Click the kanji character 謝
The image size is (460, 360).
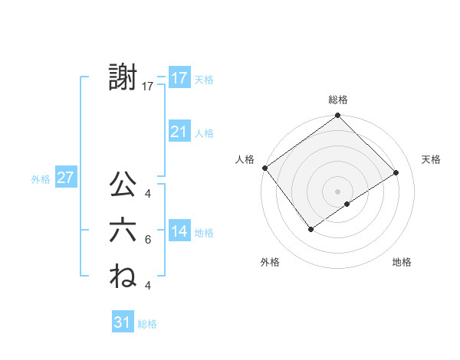(x=123, y=78)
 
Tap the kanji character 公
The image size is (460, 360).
(x=123, y=185)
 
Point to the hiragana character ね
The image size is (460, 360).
(x=123, y=275)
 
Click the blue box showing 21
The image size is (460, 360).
(x=179, y=132)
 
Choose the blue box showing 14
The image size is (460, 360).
(x=179, y=231)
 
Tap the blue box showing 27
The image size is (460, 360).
(x=65, y=178)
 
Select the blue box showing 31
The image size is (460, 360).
(x=123, y=322)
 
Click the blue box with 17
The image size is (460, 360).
(x=179, y=78)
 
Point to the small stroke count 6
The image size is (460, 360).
(x=147, y=240)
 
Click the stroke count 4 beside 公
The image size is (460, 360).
(x=147, y=194)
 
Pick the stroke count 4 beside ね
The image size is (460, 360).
(x=147, y=285)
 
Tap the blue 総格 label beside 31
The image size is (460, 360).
(x=147, y=324)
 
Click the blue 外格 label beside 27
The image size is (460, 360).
(x=41, y=179)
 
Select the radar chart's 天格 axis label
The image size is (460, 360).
(x=431, y=159)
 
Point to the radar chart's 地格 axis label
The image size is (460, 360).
(x=402, y=262)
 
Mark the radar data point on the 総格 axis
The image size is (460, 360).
(x=337, y=116)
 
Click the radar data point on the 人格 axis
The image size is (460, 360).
(x=264, y=168)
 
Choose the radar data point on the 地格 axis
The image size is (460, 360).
(x=347, y=204)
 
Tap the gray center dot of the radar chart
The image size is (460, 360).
(x=337, y=191)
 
